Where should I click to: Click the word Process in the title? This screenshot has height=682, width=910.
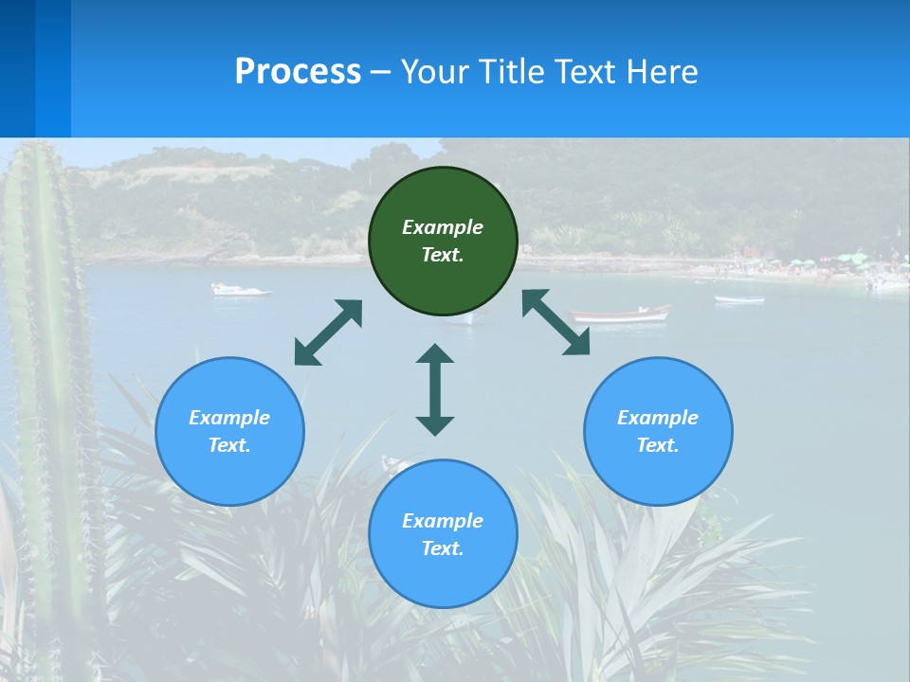point(298,72)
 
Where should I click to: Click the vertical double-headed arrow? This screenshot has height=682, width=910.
point(435,389)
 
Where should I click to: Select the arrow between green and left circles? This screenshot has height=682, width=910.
point(328,332)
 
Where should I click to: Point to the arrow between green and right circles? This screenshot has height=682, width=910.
point(556,322)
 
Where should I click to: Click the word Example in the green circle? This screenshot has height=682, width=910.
point(443,227)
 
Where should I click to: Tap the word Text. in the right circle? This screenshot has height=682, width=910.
point(658,445)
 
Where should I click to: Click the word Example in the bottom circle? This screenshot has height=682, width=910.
point(443,521)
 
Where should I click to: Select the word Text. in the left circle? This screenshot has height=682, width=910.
point(229,445)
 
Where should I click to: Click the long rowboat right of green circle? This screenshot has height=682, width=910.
point(621,314)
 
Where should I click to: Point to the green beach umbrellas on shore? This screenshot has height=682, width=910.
point(844,259)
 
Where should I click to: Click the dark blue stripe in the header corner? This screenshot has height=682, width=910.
point(17,66)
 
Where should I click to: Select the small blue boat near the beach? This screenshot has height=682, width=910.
point(739,299)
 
